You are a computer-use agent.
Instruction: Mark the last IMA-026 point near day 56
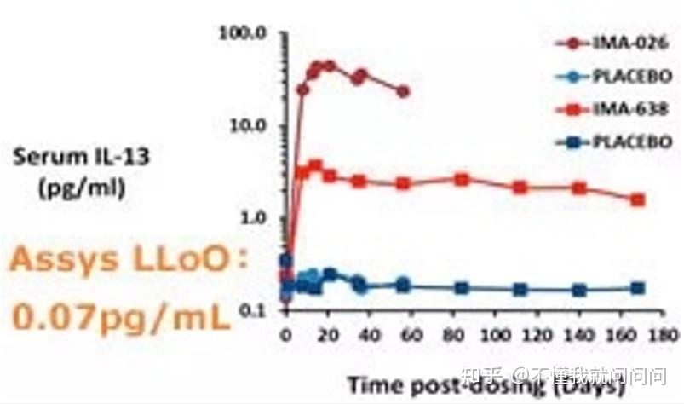403,91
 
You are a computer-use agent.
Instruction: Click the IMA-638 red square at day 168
638,199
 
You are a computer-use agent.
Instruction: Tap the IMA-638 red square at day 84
462,179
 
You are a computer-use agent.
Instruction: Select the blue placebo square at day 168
638,288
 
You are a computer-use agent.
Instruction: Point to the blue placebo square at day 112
520,290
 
